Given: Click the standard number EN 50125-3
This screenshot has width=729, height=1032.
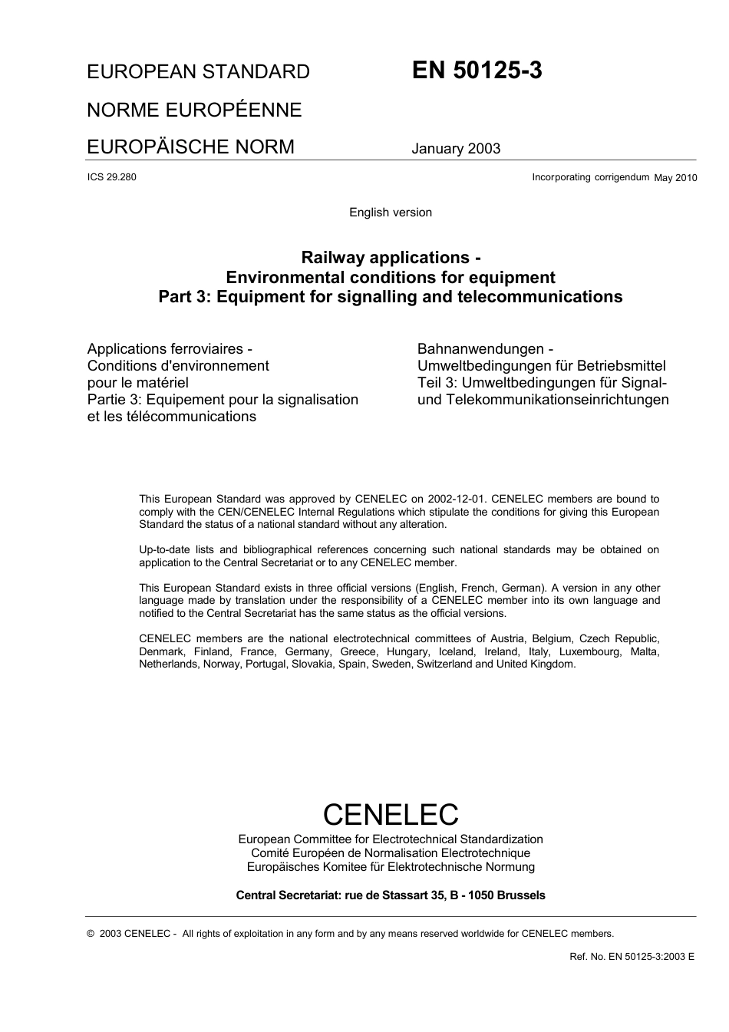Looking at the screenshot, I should [x=477, y=71].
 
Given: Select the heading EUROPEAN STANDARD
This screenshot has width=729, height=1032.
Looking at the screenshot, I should [x=198, y=72].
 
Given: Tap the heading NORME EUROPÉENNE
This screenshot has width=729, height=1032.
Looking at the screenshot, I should [x=194, y=110].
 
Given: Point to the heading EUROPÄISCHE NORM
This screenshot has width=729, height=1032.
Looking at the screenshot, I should [x=190, y=147].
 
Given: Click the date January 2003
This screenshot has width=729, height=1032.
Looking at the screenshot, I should [x=456, y=149].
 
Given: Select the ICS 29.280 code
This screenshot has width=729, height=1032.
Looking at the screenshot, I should [x=112, y=177].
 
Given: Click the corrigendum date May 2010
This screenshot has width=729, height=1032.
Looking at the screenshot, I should [x=675, y=178].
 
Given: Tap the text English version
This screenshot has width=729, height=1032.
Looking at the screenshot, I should [x=391, y=213].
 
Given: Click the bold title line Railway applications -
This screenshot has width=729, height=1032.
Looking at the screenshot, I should [x=391, y=257].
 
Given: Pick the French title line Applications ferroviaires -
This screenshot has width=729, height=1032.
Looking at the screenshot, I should [x=170, y=349].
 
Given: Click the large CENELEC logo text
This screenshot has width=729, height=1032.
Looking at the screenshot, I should [x=391, y=814].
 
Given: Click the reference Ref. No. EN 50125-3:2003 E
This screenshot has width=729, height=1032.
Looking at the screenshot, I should [x=632, y=957].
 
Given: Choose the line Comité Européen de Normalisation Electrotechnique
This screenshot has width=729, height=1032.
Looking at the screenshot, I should [x=391, y=853].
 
